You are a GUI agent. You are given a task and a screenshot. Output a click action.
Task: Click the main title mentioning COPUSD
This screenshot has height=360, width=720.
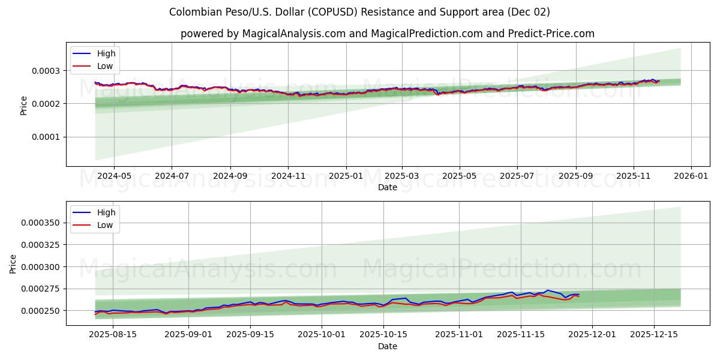click(359, 12)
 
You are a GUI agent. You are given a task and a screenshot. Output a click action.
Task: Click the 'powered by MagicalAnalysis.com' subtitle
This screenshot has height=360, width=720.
click(387, 34)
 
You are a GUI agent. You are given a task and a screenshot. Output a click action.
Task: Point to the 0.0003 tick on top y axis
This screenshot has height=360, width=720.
click(46, 71)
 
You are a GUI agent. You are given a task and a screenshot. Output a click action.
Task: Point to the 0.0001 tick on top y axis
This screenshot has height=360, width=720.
click(46, 137)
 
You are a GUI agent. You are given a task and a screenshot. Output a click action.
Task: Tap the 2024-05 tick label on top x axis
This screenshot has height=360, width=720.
click(113, 176)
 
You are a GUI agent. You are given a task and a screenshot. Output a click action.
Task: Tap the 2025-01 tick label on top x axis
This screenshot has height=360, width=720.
click(346, 176)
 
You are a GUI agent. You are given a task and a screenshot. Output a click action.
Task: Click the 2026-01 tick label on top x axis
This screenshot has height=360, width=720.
click(692, 176)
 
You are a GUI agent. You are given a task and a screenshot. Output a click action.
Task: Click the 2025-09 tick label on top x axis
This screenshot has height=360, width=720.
click(576, 176)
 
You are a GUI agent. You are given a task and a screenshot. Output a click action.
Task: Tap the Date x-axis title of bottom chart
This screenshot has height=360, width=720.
click(387, 346)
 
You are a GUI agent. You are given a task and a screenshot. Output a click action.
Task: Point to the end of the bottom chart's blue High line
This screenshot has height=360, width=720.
click(579, 294)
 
